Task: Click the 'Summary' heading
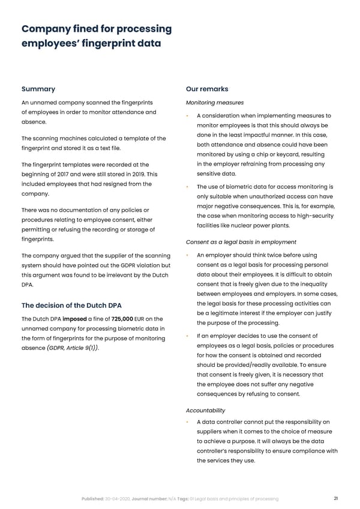click(x=38, y=89)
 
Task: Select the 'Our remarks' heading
click(x=207, y=89)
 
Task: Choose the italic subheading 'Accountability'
click(x=206, y=410)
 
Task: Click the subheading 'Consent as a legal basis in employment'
click(x=241, y=242)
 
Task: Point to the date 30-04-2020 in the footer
click(x=116, y=499)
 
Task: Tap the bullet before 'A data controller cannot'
click(x=188, y=423)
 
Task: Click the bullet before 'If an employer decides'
click(x=188, y=336)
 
